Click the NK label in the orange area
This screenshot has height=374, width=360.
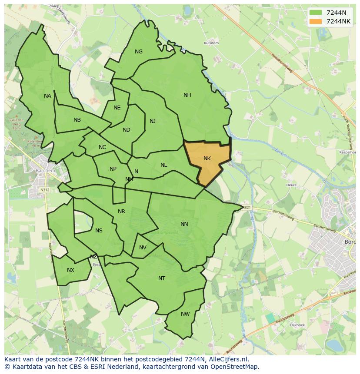[207, 159]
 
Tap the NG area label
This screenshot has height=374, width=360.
[139, 52]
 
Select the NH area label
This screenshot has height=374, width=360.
[187, 95]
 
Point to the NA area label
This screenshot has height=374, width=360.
[47, 96]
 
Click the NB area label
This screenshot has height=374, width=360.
[77, 120]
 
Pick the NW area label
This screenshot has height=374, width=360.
[185, 314]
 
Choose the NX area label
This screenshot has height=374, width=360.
[70, 270]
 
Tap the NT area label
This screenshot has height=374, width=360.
[162, 278]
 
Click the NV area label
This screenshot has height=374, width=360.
[143, 248]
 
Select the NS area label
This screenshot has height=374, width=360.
[99, 231]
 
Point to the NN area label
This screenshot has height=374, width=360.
[184, 224]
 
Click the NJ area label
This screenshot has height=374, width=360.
[153, 121]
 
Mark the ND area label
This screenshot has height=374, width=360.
[127, 130]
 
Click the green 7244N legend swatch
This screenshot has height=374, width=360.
[316, 13]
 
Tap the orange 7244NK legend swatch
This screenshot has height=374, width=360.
[316, 21]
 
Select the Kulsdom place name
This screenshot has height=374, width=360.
[211, 43]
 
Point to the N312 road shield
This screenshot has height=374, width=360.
[44, 190]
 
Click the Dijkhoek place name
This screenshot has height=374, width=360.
[297, 324]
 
